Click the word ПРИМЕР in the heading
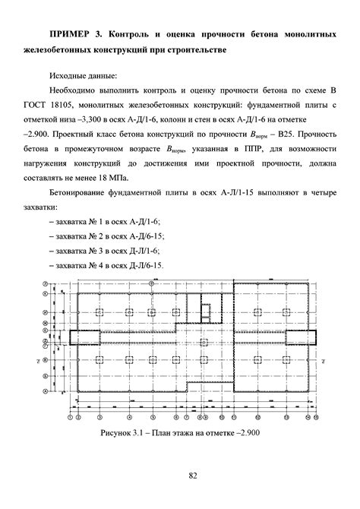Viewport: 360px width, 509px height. click(x=70, y=35)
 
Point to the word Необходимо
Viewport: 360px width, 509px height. click(x=79, y=92)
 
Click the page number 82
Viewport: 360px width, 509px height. click(x=193, y=477)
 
